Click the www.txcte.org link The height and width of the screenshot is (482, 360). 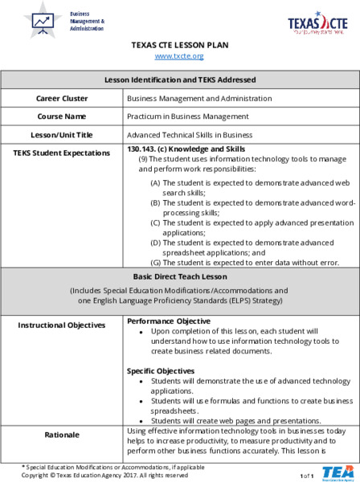(178, 56)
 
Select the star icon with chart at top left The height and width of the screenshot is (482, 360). (42, 21)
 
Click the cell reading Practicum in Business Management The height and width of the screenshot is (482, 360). (188, 116)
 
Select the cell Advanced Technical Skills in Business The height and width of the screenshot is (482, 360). (190, 135)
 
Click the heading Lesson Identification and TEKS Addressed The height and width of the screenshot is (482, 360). (180, 80)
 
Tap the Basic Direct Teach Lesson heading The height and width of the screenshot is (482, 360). (180, 276)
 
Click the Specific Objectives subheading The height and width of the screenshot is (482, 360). (159, 370)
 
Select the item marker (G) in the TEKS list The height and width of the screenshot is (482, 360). (156, 262)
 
